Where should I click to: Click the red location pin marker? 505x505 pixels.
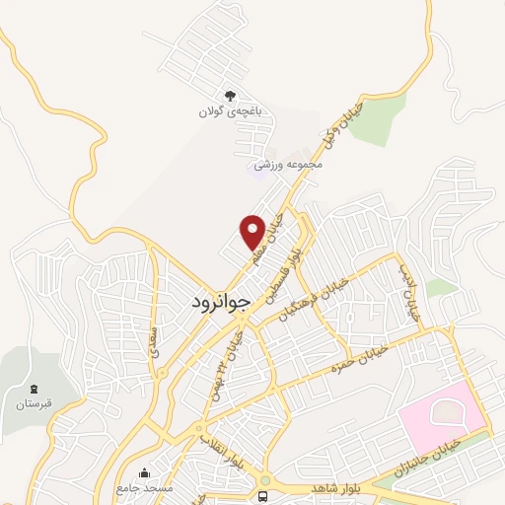253,232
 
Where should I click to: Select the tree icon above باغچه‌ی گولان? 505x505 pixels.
230,97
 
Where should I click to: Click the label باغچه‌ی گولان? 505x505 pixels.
230,113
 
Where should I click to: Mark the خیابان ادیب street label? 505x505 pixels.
409,293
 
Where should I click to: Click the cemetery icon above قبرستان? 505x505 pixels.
34,389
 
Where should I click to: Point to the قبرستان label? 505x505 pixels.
34,404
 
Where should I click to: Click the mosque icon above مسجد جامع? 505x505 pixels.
145,472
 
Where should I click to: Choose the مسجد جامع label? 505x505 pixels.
145,488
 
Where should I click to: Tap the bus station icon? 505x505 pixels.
263,495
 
